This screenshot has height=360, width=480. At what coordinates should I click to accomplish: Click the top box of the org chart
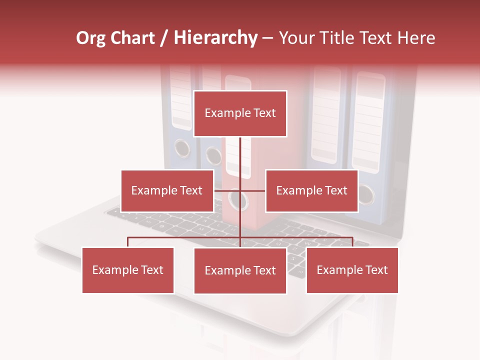point(240,113)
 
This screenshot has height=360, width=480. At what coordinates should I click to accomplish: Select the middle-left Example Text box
point(167,190)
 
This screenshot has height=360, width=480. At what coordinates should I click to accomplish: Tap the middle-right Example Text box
point(311,190)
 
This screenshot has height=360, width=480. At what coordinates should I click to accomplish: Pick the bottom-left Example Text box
point(128,270)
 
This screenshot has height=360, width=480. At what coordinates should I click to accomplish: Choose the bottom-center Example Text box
point(240,270)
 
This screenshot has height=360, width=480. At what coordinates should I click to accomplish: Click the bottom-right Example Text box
point(352,270)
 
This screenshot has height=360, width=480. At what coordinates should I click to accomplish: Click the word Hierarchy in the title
point(215,38)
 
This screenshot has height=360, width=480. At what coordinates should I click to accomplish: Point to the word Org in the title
point(91,38)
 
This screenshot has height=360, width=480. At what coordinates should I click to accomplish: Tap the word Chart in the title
point(132,38)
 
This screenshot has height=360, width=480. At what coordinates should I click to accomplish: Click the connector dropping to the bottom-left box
point(128,242)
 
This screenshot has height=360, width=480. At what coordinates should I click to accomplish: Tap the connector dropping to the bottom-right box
point(352,242)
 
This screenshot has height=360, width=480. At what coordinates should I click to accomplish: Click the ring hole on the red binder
point(238,200)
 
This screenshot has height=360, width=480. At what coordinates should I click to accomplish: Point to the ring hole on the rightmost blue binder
point(365,194)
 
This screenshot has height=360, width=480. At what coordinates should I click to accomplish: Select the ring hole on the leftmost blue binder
point(182,148)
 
